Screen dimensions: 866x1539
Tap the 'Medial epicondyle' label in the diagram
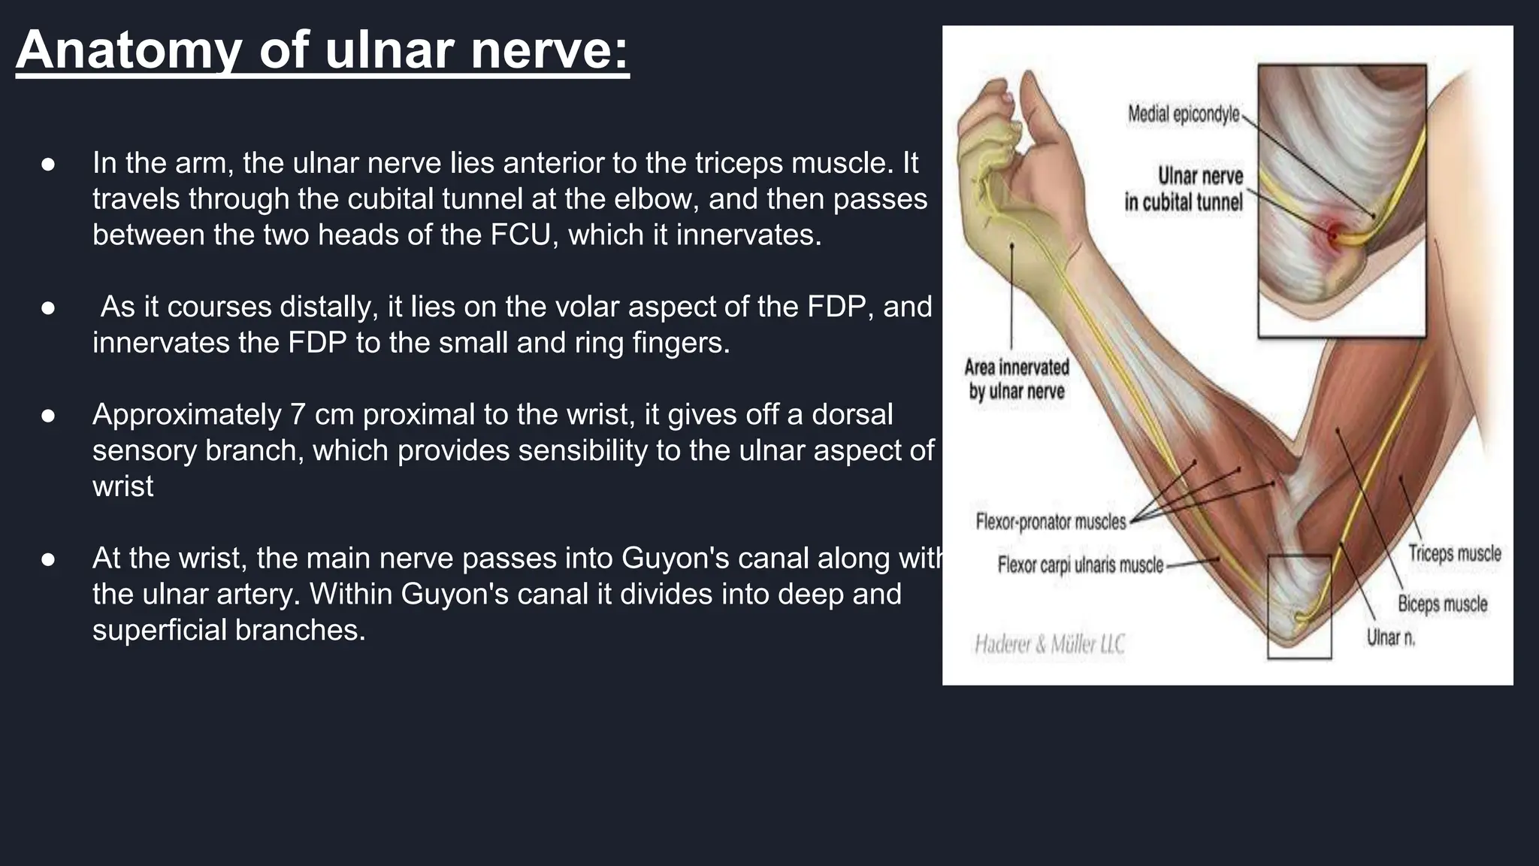[x=1184, y=114]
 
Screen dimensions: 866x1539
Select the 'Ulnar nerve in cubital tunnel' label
[x=1184, y=189]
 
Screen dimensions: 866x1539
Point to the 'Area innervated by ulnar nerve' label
[x=1016, y=379]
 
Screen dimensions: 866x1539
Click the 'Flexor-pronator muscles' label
[x=1051, y=521]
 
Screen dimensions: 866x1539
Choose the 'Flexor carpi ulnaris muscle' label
[x=1080, y=565]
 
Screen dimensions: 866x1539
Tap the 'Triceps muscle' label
[x=1454, y=553]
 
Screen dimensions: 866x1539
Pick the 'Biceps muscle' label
[x=1442, y=604]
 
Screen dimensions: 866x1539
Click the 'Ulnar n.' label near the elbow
[x=1390, y=637]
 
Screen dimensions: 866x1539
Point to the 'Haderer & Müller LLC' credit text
[x=1049, y=644]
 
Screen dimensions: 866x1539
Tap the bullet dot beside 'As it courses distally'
[x=49, y=307]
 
